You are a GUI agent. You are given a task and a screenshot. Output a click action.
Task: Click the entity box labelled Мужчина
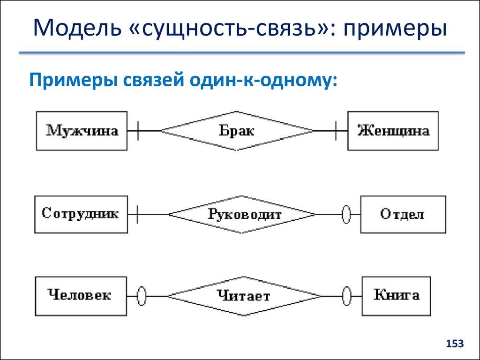coord(82,130)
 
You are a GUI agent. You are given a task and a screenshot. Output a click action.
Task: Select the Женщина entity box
coord(393,130)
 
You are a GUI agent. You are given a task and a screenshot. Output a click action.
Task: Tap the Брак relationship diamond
coord(237,131)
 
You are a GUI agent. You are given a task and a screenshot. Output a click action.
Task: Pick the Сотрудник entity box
coord(81,215)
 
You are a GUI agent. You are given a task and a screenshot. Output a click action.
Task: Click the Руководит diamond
coord(242,215)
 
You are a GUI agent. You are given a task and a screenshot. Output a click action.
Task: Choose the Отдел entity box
coord(403,215)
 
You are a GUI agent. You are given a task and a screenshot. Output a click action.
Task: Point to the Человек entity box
coord(81,296)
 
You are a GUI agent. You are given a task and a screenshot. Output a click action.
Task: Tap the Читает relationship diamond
coord(244,296)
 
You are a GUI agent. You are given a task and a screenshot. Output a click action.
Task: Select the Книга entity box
coord(397,296)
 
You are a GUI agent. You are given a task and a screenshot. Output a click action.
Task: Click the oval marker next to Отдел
coord(346,215)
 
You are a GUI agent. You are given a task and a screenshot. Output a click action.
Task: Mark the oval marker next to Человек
coord(142,296)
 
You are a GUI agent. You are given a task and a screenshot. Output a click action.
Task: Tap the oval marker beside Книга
coord(346,296)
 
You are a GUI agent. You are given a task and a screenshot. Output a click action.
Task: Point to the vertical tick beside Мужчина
coord(137,130)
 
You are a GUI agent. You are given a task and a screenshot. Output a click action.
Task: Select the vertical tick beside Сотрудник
coord(137,215)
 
